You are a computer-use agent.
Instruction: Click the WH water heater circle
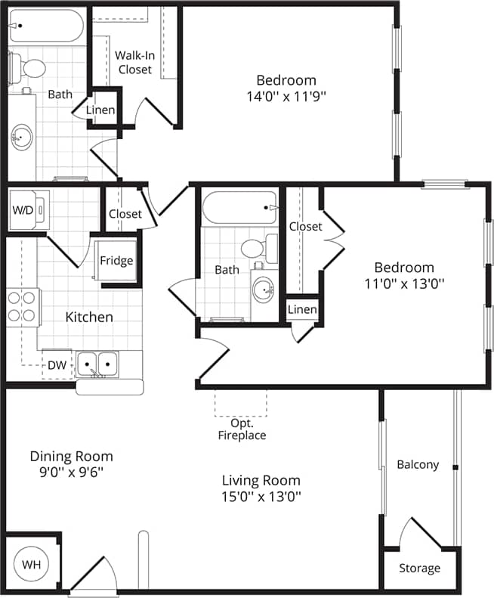[31, 565]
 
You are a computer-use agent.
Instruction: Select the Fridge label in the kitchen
[116, 261]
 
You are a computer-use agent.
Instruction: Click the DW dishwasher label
[57, 365]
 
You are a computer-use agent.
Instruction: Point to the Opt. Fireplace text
[242, 429]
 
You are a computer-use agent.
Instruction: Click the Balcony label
[418, 464]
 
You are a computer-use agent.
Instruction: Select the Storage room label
[419, 568]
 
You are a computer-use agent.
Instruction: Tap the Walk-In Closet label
[135, 62]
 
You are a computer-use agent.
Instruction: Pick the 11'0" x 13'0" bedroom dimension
[404, 284]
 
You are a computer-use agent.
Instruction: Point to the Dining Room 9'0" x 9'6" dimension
[71, 471]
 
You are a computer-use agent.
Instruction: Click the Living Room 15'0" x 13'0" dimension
[261, 496]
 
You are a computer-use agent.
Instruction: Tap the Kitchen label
[89, 317]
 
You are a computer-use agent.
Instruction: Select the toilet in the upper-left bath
[29, 68]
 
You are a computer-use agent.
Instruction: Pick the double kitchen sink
[97, 365]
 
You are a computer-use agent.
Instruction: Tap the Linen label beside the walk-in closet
[100, 110]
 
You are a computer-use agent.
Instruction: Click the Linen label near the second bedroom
[302, 310]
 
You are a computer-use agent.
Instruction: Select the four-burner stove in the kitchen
[23, 307]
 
